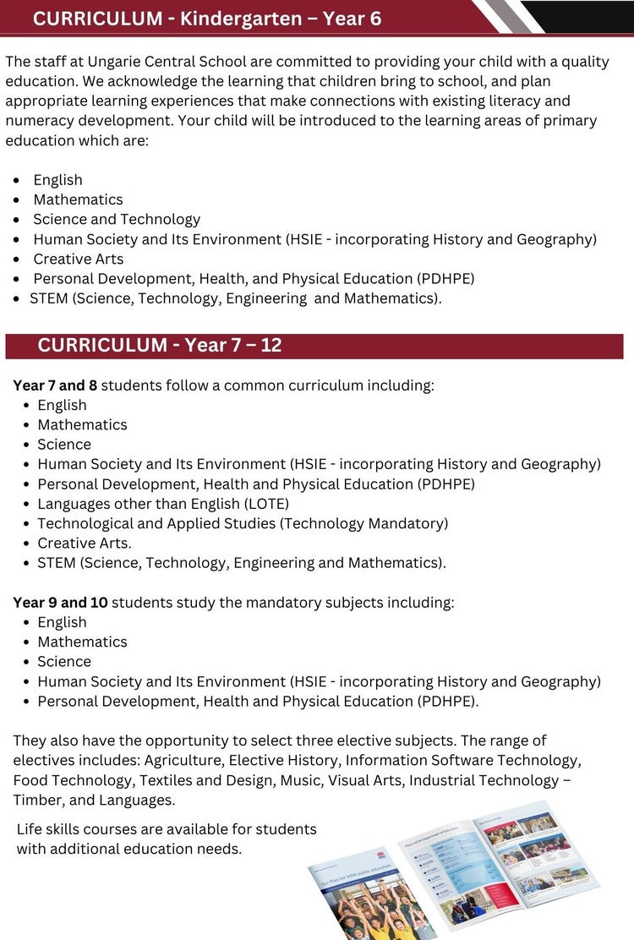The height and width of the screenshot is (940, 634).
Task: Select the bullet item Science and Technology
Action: (x=117, y=219)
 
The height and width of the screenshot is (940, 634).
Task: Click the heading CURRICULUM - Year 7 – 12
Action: (x=160, y=345)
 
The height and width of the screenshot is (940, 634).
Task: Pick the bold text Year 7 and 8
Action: (x=55, y=385)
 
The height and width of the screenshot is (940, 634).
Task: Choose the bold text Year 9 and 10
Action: (x=60, y=603)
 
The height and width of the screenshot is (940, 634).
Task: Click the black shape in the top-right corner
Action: (x=583, y=15)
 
